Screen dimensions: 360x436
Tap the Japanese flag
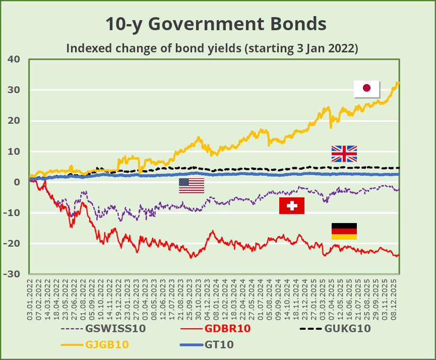coord(366,88)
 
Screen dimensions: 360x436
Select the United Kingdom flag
coord(344,154)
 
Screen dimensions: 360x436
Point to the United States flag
coord(192,186)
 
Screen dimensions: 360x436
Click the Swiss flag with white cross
coord(292,205)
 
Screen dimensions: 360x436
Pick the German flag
coord(344,231)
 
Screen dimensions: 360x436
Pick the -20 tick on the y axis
coord(12,244)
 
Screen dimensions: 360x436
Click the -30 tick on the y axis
coord(12,274)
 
